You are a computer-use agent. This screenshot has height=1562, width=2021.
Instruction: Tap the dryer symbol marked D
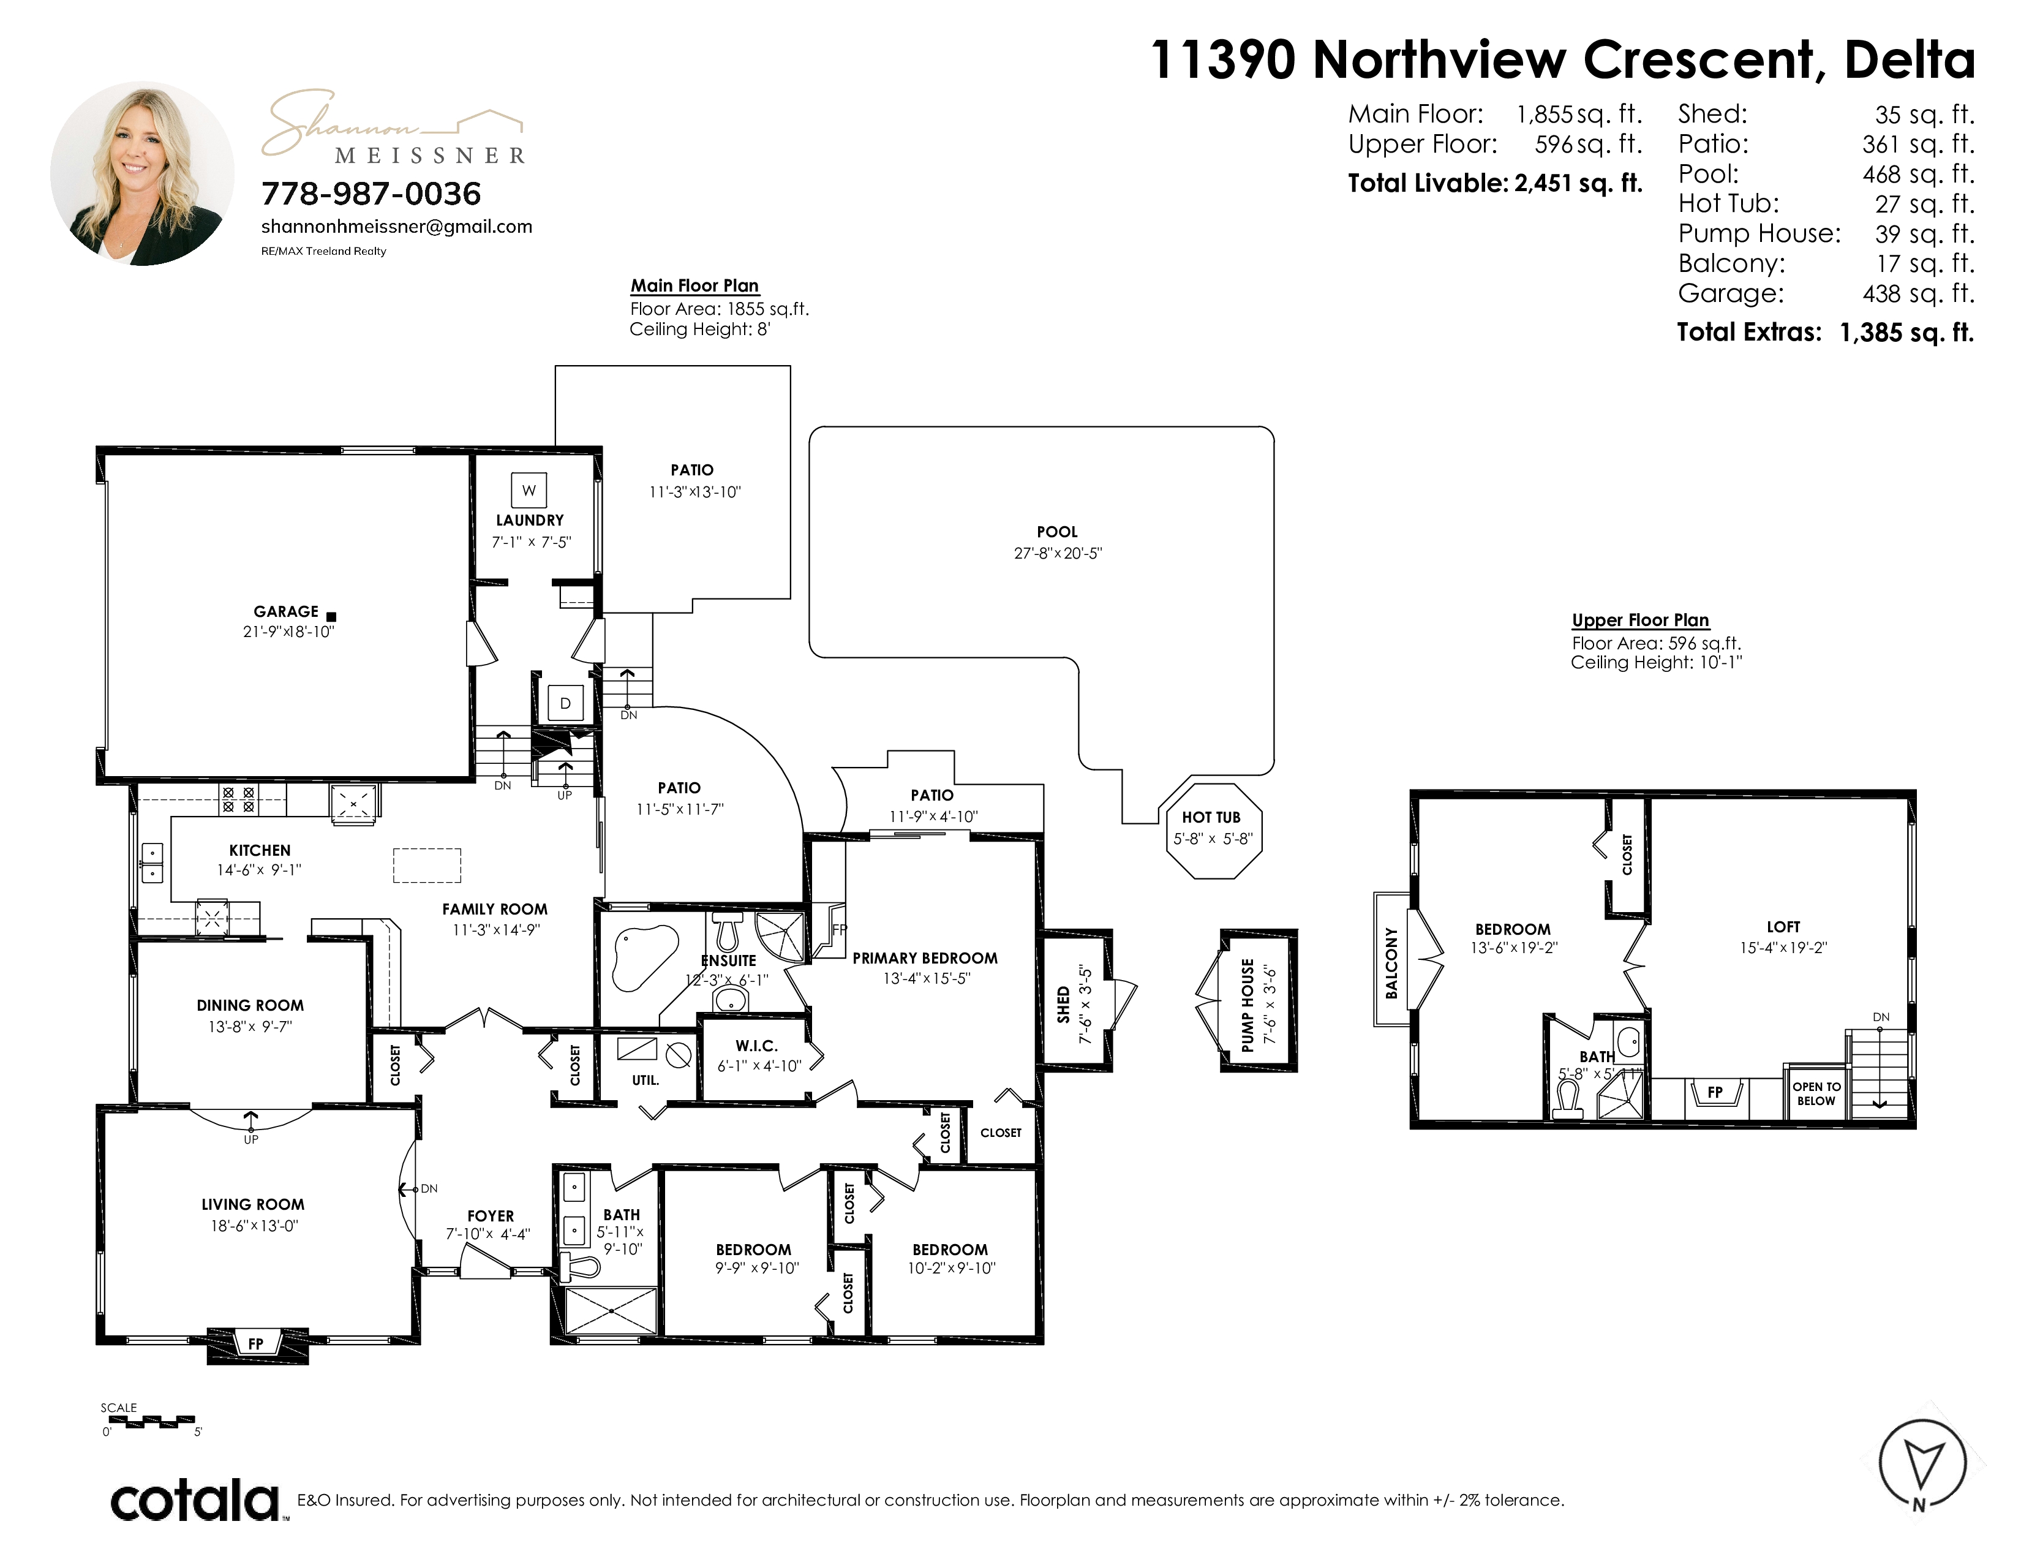[x=565, y=703]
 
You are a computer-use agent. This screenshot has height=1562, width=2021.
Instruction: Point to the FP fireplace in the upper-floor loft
[x=1715, y=1092]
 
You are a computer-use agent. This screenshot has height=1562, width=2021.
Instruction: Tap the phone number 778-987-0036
[x=371, y=194]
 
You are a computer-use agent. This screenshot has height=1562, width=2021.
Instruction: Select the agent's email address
[x=396, y=227]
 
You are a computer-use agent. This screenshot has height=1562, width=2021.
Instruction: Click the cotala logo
[x=196, y=1500]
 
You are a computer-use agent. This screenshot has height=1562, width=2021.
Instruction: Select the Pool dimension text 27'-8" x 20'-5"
[x=1058, y=553]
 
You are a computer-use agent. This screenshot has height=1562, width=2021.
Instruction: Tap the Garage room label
[x=286, y=612]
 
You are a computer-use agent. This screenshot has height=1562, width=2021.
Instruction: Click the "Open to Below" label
[x=1816, y=1094]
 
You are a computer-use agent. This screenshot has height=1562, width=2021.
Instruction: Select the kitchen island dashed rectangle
[x=427, y=865]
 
